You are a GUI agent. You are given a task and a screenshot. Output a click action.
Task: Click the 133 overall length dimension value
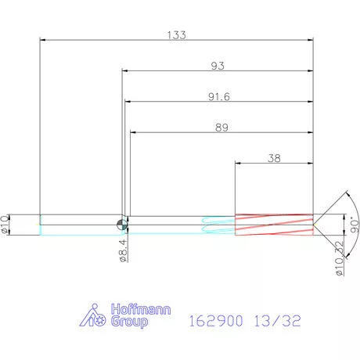[x=177, y=35]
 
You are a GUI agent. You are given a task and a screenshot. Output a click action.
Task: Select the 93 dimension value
[x=218, y=66]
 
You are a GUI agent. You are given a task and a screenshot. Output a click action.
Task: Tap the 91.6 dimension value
[x=219, y=96]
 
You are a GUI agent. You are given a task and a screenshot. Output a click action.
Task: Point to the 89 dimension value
[x=221, y=128]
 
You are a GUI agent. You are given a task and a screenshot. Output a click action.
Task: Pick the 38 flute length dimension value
[x=274, y=158]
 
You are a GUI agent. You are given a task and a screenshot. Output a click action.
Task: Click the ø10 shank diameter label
[x=5, y=225]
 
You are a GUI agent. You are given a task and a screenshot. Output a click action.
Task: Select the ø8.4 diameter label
[x=124, y=250]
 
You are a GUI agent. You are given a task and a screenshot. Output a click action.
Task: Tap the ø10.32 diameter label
[x=339, y=258]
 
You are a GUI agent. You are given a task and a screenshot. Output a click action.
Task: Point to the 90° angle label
[x=355, y=225]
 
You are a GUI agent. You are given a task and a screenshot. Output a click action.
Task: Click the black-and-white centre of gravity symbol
[x=122, y=225]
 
